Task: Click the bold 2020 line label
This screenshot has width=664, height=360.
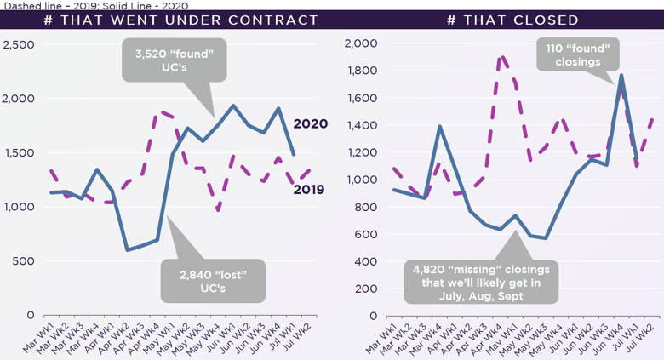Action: pyautogui.click(x=310, y=124)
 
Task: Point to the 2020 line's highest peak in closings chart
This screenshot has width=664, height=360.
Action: pyautogui.click(x=621, y=75)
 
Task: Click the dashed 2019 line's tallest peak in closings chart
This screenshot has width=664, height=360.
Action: pyautogui.click(x=502, y=57)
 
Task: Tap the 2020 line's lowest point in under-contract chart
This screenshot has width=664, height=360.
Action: pyautogui.click(x=127, y=250)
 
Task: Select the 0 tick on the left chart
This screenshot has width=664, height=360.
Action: pyautogui.click(x=30, y=315)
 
